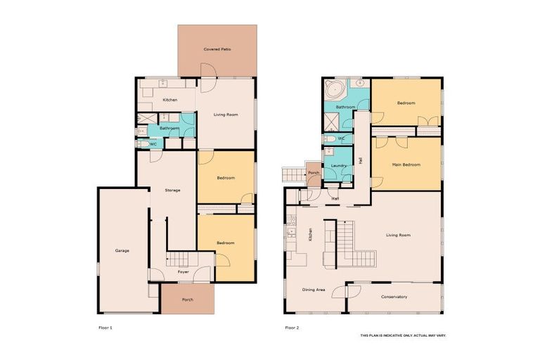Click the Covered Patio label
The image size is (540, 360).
217,49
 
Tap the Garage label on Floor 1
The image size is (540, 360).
122,250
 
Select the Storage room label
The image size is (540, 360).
172,190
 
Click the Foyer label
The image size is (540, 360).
183,271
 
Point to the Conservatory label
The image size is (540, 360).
394,297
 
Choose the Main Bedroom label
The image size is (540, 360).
406,165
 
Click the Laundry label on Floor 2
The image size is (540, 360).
337,165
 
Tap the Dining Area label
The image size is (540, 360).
313,289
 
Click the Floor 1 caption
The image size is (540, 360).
105,328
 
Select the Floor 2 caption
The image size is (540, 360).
292,328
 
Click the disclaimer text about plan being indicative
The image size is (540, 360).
403,335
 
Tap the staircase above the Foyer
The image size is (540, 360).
179,259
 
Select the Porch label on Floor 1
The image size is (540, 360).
187,300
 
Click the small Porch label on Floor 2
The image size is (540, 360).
314,173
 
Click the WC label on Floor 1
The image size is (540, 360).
153,144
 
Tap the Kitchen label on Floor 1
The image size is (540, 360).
170,100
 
